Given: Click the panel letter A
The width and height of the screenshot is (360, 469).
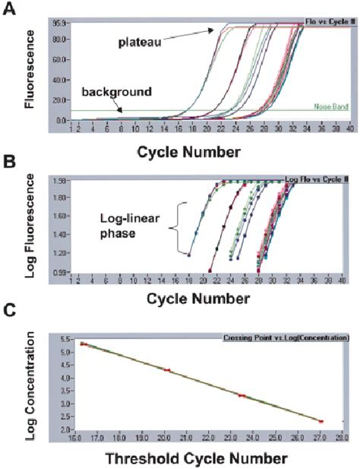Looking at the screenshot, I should point(11,11).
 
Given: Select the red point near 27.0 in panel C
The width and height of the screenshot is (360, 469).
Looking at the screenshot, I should point(321,420).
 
